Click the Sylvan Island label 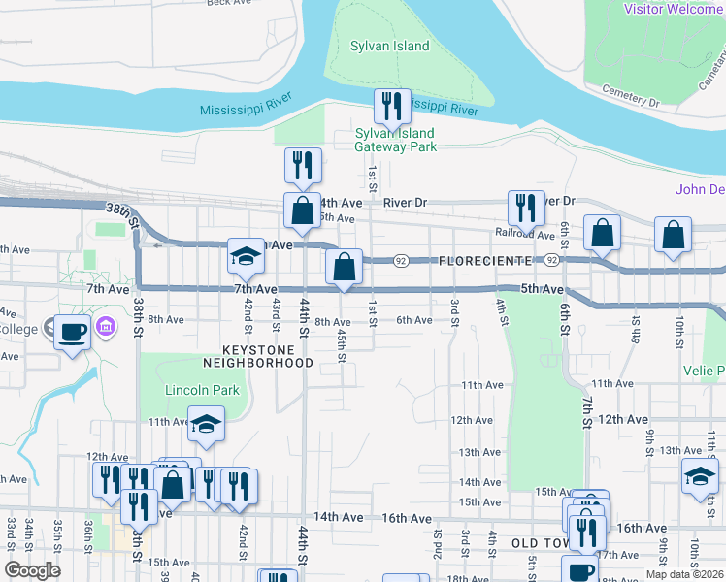[390, 47]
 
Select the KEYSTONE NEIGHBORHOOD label [257, 355]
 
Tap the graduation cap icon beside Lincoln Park [206, 425]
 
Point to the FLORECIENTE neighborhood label [485, 262]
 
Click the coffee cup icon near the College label [73, 333]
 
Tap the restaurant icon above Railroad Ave [525, 207]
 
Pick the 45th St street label [342, 344]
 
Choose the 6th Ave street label [413, 320]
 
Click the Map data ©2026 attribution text [682, 574]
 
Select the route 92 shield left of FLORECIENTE [400, 261]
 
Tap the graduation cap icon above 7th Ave [247, 257]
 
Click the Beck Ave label [230, 3]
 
